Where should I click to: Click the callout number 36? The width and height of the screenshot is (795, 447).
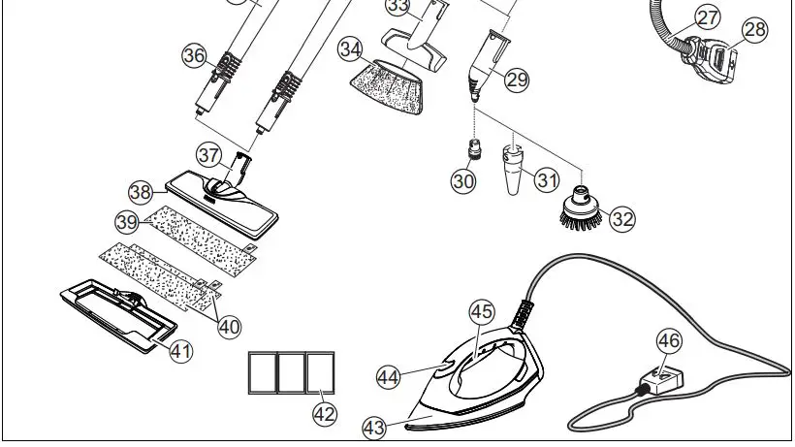pyautogui.click(x=195, y=56)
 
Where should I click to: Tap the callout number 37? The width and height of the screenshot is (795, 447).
pyautogui.click(x=208, y=154)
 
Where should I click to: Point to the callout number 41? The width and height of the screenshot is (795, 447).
pyautogui.click(x=181, y=351)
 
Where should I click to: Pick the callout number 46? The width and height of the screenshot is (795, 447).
pyautogui.click(x=670, y=340)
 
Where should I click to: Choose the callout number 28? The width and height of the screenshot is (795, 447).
pyautogui.click(x=754, y=30)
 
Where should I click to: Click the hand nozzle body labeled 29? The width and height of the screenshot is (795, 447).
pyautogui.click(x=482, y=63)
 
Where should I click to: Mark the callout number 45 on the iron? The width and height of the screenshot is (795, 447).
pyautogui.click(x=482, y=311)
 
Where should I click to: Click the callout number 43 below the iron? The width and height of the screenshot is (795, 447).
pyautogui.click(x=374, y=428)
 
